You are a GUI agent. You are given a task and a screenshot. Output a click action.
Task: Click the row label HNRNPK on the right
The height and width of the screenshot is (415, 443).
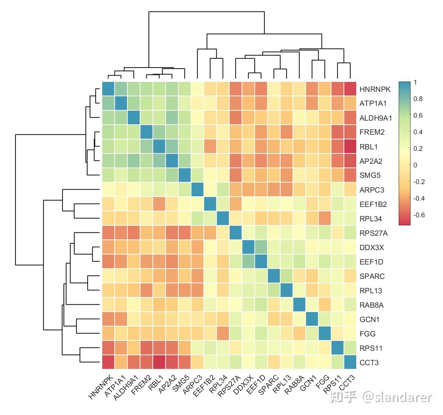coord(375,89)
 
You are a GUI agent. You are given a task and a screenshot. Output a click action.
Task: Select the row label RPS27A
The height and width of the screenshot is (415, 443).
coord(373,233)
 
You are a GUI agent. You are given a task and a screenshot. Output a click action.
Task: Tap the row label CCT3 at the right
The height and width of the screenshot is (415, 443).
coord(369,363)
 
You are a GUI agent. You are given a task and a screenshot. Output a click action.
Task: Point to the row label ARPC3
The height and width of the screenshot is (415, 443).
coord(371,190)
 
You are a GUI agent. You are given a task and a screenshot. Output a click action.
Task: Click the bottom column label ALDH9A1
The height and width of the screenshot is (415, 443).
coord(126,387)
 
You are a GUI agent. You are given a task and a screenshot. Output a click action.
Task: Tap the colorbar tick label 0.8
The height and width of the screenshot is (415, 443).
coord(418,99)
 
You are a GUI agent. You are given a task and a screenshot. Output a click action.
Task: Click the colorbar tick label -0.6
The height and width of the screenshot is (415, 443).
coord(419,215)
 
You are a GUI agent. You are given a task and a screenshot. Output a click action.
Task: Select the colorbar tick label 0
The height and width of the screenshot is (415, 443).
coord(415,165)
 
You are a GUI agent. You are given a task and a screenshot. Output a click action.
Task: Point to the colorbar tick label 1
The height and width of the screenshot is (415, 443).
coord(415,82)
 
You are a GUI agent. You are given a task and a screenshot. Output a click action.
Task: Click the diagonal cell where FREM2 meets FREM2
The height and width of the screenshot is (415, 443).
coord(147,132)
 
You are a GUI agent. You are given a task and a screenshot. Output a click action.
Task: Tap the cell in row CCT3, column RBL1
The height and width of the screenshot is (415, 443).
coord(159,362)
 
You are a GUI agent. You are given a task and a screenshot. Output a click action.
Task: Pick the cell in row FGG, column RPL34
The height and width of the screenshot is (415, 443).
coord(223,333)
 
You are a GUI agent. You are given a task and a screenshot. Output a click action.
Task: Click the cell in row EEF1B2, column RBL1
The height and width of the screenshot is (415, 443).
coord(159,204)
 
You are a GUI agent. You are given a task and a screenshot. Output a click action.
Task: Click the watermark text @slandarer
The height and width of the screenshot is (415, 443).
coord(396,397)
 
